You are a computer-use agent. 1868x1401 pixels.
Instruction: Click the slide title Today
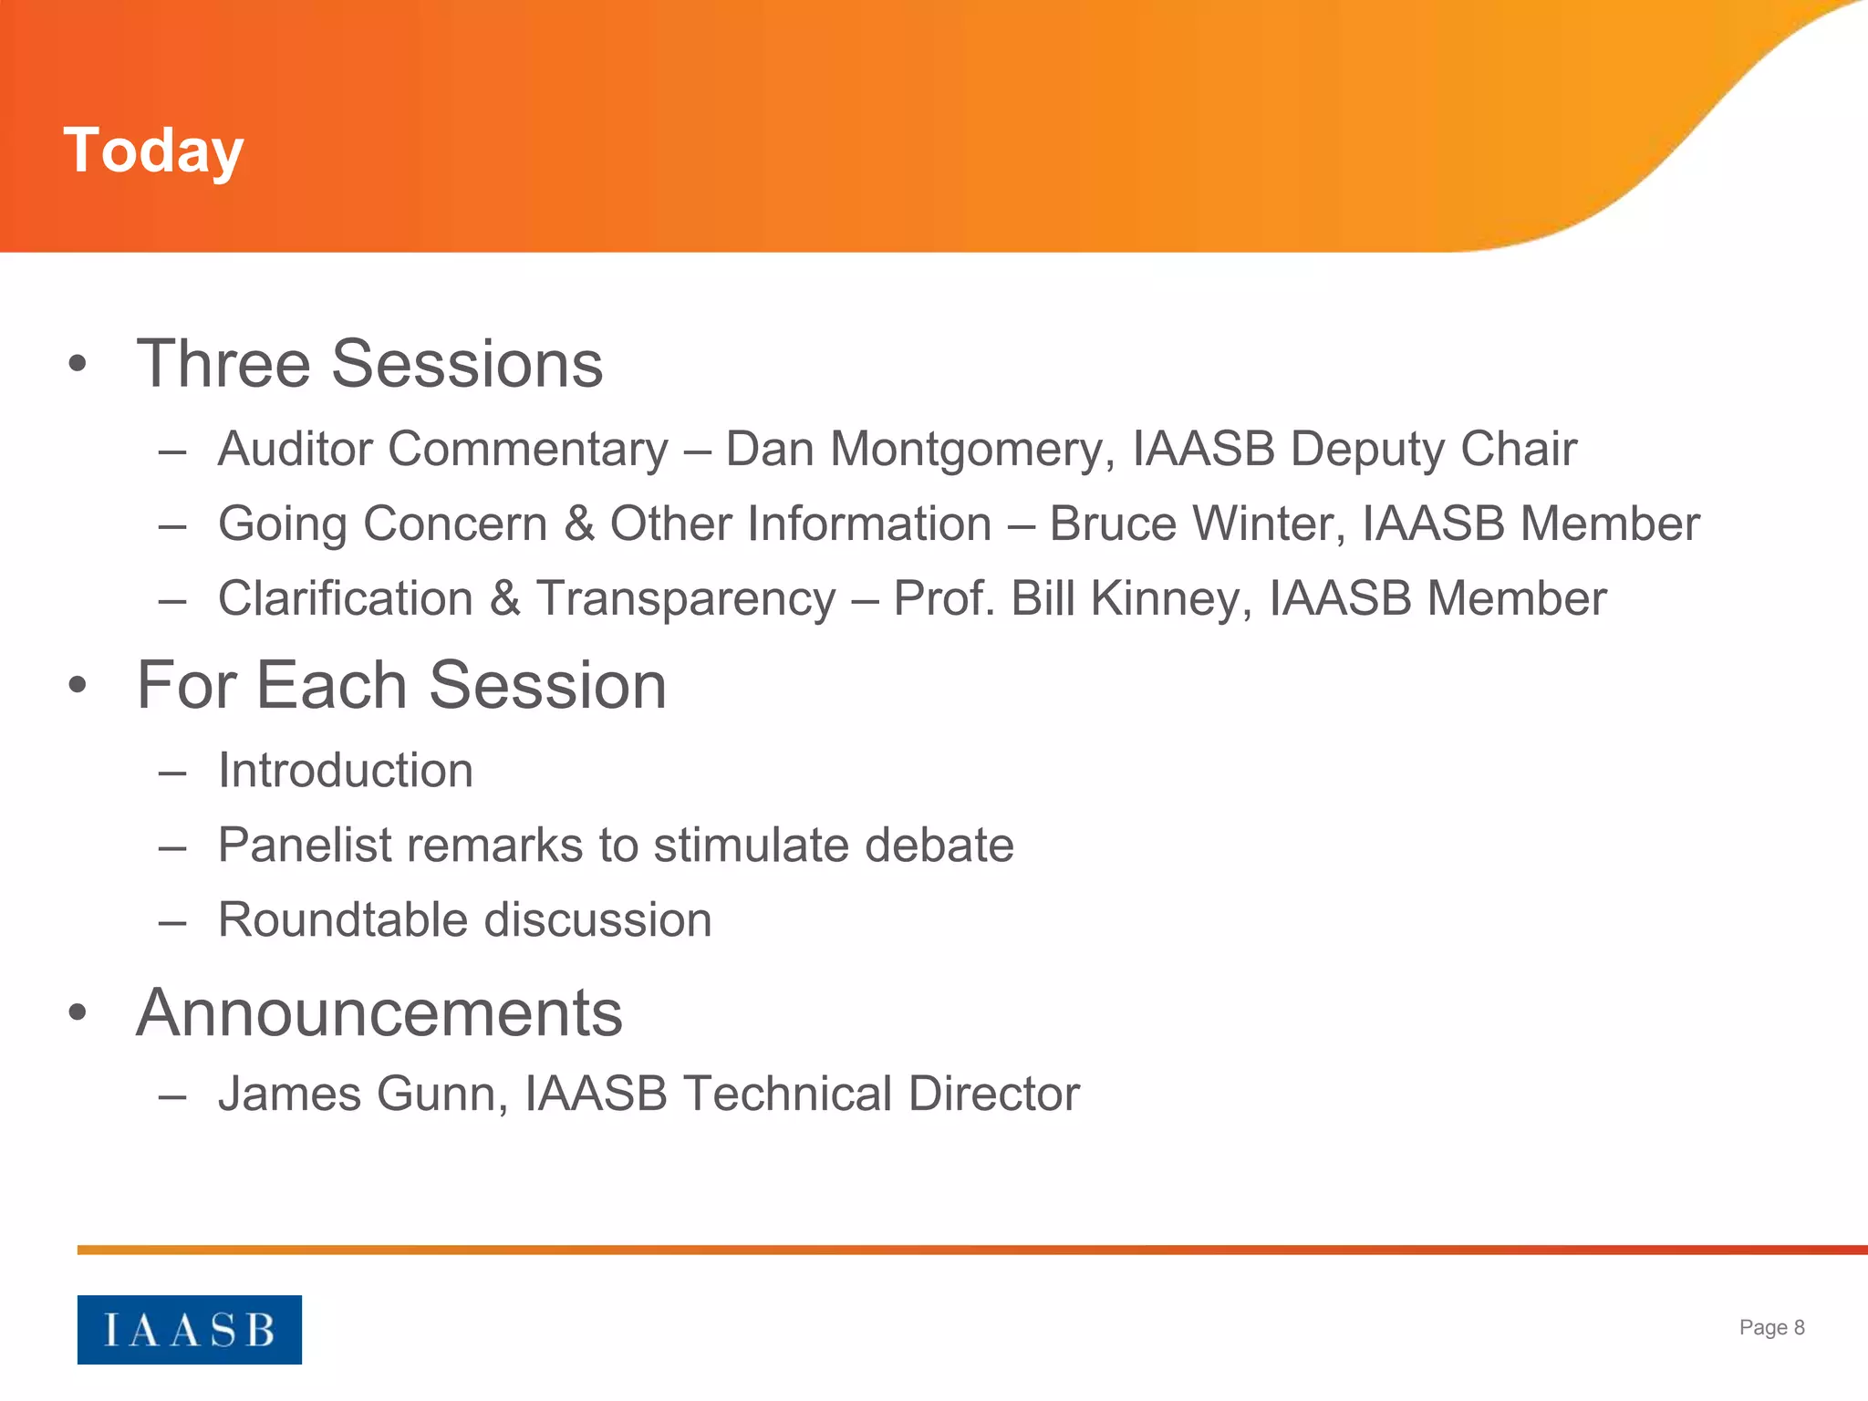pyautogui.click(x=153, y=150)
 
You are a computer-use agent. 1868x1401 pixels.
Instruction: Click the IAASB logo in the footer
pyautogui.click(x=189, y=1329)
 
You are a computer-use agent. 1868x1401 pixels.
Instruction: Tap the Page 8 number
pyautogui.click(x=1771, y=1327)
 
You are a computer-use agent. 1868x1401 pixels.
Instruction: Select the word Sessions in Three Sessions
pyautogui.click(x=466, y=364)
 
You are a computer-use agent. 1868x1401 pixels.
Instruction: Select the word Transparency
pyautogui.click(x=685, y=599)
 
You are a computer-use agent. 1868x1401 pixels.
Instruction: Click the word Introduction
pyautogui.click(x=346, y=771)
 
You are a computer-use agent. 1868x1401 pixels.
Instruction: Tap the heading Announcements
pyautogui.click(x=379, y=1013)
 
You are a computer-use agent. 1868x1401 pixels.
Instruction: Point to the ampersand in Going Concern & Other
pyautogui.click(x=578, y=524)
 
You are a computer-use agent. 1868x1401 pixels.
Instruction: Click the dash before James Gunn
pyautogui.click(x=171, y=1095)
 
